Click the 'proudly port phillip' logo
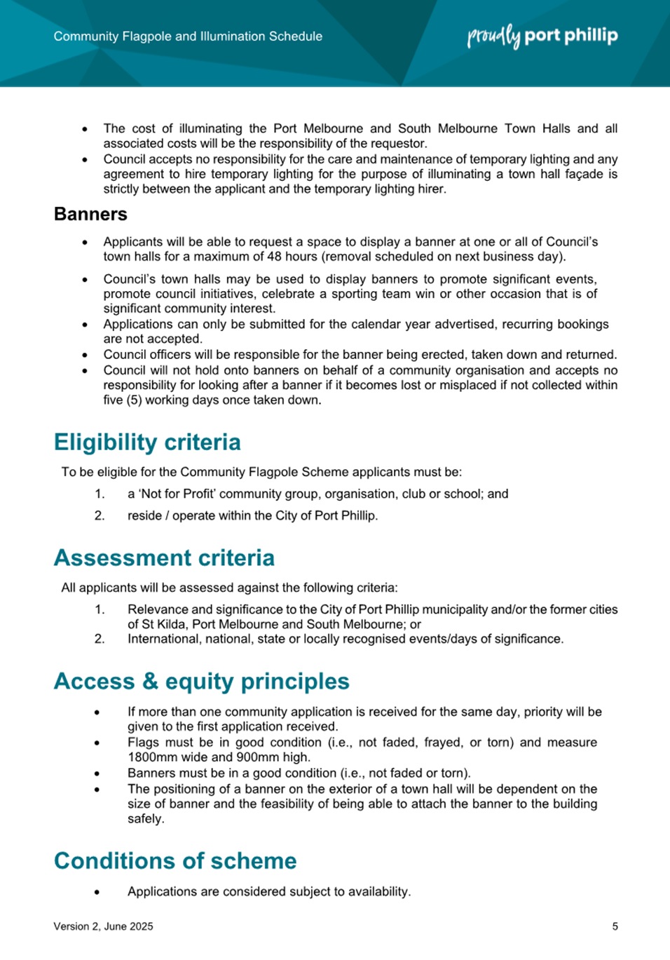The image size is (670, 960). click(542, 36)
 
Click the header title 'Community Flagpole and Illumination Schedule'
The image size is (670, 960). click(188, 36)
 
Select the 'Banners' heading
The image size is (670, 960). click(90, 214)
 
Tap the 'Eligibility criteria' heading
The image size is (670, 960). click(147, 442)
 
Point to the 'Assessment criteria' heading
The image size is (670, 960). click(164, 557)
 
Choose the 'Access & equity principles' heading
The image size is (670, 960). click(202, 681)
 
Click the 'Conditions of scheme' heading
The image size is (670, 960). click(175, 860)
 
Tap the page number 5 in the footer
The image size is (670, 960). click(615, 926)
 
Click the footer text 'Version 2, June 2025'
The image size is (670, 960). click(103, 926)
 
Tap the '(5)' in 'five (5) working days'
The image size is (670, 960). click(134, 400)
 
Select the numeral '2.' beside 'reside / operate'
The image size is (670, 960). click(100, 515)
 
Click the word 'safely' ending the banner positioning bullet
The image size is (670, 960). click(144, 818)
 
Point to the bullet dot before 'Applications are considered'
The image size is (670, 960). click(97, 892)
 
